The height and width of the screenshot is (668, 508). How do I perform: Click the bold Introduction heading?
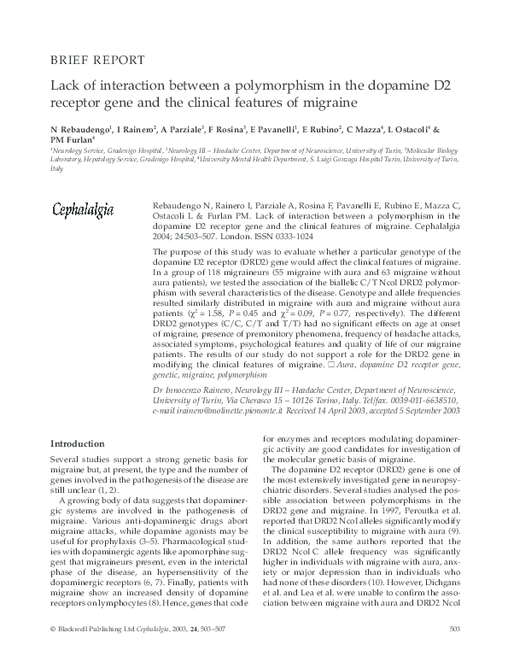tap(78, 443)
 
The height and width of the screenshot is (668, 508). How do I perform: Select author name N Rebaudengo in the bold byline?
tap(82, 129)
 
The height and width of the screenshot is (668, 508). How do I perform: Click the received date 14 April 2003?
tap(342, 411)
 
